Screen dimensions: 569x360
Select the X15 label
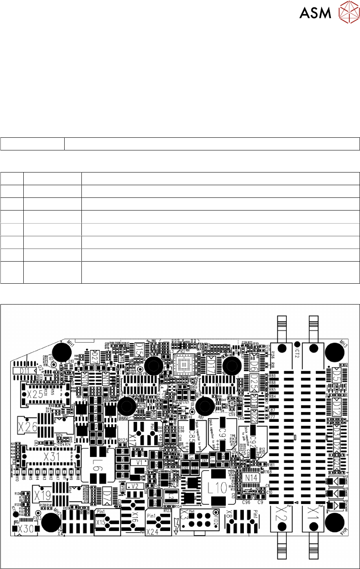click(101, 522)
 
